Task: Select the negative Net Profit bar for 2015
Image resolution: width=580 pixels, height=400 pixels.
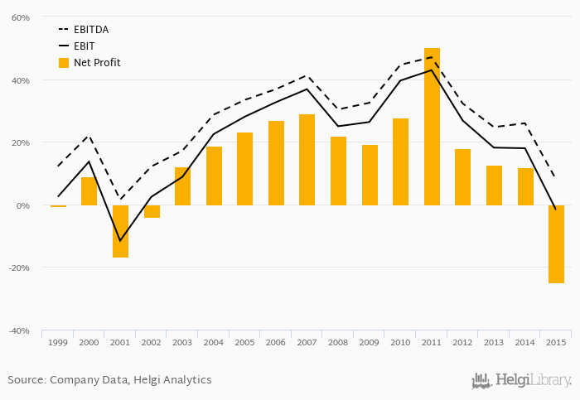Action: (556, 244)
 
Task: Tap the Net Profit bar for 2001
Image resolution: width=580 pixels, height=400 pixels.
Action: (121, 231)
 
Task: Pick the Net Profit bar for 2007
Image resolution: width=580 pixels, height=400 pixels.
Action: (307, 160)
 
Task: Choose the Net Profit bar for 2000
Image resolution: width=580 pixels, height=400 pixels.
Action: (89, 191)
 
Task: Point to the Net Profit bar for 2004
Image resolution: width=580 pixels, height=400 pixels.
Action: (214, 176)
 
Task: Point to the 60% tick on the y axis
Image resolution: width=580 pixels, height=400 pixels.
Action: (21, 18)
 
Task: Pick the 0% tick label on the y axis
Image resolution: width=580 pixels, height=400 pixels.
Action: (23, 205)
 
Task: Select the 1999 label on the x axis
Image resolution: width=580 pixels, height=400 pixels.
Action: (58, 342)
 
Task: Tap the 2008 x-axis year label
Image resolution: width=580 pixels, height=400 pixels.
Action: (338, 342)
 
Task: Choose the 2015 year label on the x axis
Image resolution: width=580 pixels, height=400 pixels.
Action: (556, 342)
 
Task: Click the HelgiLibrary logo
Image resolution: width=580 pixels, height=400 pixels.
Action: (521, 380)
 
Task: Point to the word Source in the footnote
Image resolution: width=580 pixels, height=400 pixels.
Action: (27, 380)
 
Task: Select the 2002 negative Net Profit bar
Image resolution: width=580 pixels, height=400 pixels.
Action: (152, 212)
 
